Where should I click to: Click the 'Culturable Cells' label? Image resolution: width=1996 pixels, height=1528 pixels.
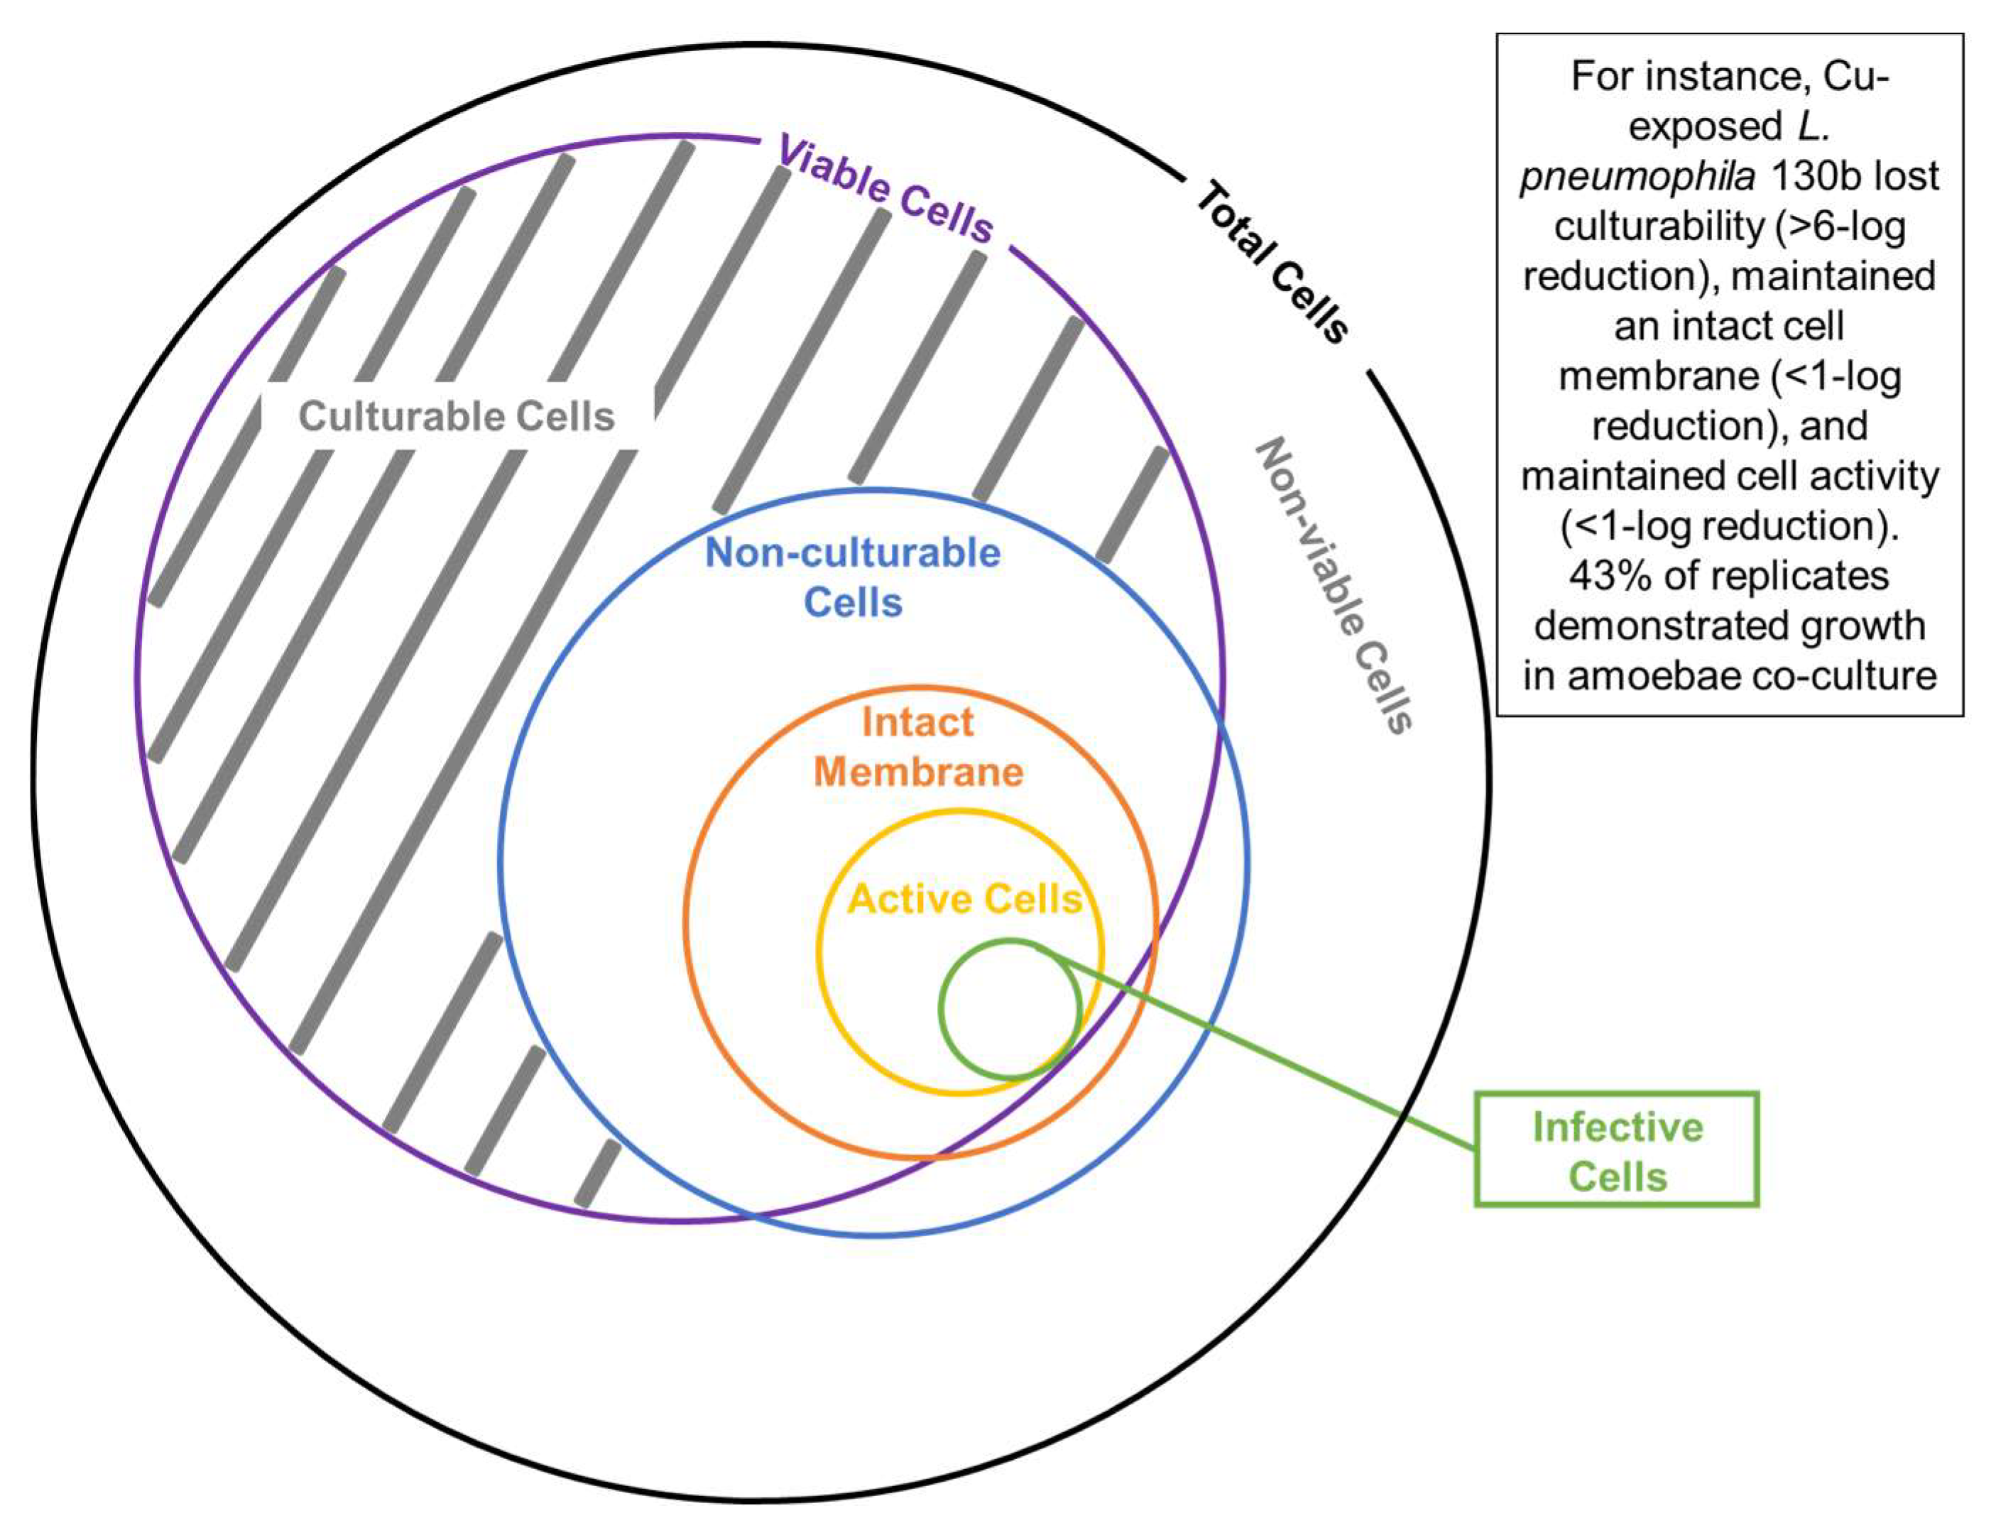click(457, 417)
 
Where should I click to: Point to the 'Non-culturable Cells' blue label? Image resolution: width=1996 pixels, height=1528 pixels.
click(852, 577)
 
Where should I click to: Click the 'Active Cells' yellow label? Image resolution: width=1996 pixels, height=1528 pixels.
click(964, 899)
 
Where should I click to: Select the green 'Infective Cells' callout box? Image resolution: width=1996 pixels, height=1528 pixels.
click(1616, 1150)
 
